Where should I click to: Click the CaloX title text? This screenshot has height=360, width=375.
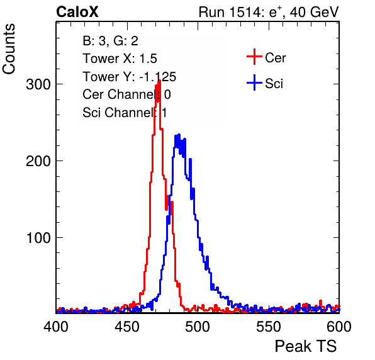[77, 12]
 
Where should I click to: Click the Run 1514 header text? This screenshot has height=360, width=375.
[269, 12]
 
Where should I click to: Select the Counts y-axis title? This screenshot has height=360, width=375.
[9, 49]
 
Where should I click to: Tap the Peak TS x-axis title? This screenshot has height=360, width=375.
[306, 346]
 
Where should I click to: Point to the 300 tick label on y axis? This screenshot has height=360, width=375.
[38, 84]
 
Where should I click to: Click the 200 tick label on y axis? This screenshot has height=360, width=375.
[38, 161]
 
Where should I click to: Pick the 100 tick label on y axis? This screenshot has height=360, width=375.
[38, 238]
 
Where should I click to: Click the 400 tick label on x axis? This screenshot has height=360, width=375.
[56, 327]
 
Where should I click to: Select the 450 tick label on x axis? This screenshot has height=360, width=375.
[126, 327]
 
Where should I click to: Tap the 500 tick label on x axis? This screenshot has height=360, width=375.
[198, 327]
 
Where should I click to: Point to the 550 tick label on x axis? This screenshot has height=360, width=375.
[268, 327]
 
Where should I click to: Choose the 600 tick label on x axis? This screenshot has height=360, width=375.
[339, 327]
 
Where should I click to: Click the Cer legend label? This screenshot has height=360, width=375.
[275, 58]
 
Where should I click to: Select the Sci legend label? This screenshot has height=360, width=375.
[274, 84]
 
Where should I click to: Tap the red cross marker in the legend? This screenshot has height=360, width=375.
[254, 57]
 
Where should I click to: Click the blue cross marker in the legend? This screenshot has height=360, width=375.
[254, 83]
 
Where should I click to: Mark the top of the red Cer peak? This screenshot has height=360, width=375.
[159, 81]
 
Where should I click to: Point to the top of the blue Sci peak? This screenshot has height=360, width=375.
[179, 135]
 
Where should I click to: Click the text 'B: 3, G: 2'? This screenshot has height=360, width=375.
[110, 41]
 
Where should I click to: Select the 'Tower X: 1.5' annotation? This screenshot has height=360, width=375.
[120, 59]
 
